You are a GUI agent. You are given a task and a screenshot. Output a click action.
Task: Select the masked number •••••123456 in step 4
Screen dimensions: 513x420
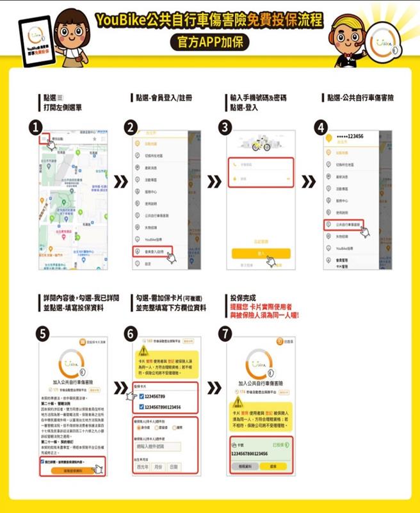click(351, 137)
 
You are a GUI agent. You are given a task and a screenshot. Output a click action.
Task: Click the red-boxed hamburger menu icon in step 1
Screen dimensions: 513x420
click(45, 138)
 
